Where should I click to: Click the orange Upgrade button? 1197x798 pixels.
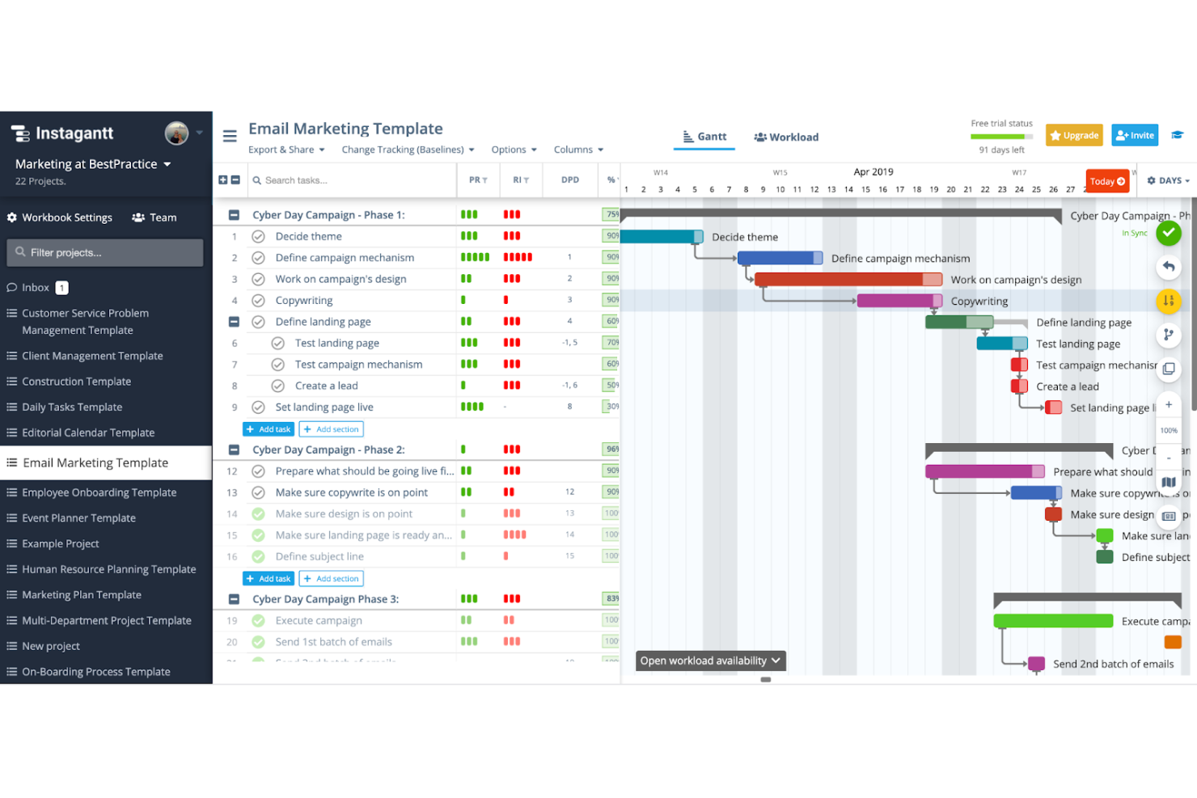(x=1074, y=135)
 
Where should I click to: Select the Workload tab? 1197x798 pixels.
(x=786, y=137)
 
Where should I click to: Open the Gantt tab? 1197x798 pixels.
(x=704, y=137)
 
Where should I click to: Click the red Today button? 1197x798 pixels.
(x=1106, y=181)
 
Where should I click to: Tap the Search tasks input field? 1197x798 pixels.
(x=352, y=180)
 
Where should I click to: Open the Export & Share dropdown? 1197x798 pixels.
(x=286, y=150)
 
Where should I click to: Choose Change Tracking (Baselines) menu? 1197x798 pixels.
(x=408, y=150)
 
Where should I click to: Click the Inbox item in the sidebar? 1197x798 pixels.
(x=36, y=288)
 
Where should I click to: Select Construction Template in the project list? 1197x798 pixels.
(x=76, y=382)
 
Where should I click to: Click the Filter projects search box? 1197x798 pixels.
(x=105, y=252)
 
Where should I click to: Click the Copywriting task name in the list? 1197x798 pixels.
(x=303, y=300)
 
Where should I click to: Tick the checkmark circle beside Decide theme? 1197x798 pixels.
(x=258, y=236)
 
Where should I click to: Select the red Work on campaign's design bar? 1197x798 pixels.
(x=841, y=280)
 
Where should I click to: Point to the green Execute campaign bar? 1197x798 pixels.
(x=1052, y=621)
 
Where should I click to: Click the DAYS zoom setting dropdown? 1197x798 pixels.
(x=1169, y=180)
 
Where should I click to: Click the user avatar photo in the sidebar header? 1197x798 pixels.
(x=176, y=133)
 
